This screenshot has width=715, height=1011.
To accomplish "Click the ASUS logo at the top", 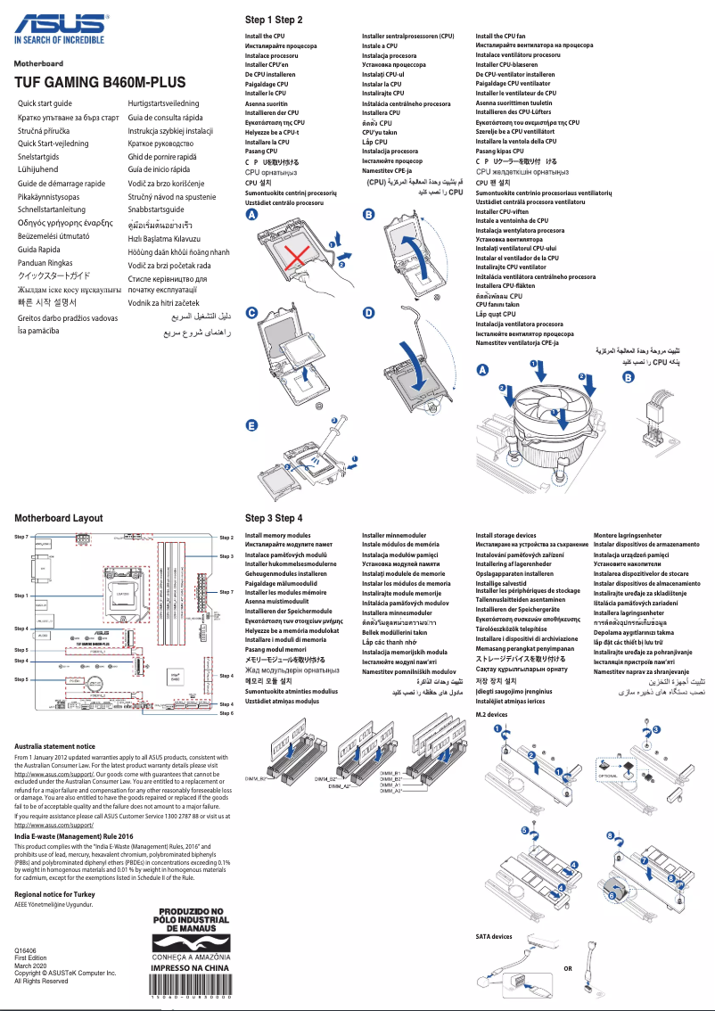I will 58,21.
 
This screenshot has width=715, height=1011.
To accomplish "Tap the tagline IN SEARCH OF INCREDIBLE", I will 59,40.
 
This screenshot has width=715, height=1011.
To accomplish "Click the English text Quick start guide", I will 45,104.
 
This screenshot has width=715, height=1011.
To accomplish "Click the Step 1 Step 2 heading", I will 274,20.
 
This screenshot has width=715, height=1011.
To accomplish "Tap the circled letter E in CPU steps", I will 251,426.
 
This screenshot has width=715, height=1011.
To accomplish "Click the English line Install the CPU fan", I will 500,37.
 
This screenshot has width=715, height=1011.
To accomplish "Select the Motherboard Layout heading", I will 59,518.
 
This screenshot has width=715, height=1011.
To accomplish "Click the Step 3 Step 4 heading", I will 274,518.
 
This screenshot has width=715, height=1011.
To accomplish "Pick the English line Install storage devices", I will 505,536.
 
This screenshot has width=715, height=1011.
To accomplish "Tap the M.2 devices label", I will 491,715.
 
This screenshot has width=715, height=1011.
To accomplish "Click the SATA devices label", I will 494,937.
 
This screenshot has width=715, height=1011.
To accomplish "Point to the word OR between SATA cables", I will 568,969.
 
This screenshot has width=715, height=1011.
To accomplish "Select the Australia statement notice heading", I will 54,746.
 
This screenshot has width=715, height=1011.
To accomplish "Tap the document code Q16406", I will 26,951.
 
